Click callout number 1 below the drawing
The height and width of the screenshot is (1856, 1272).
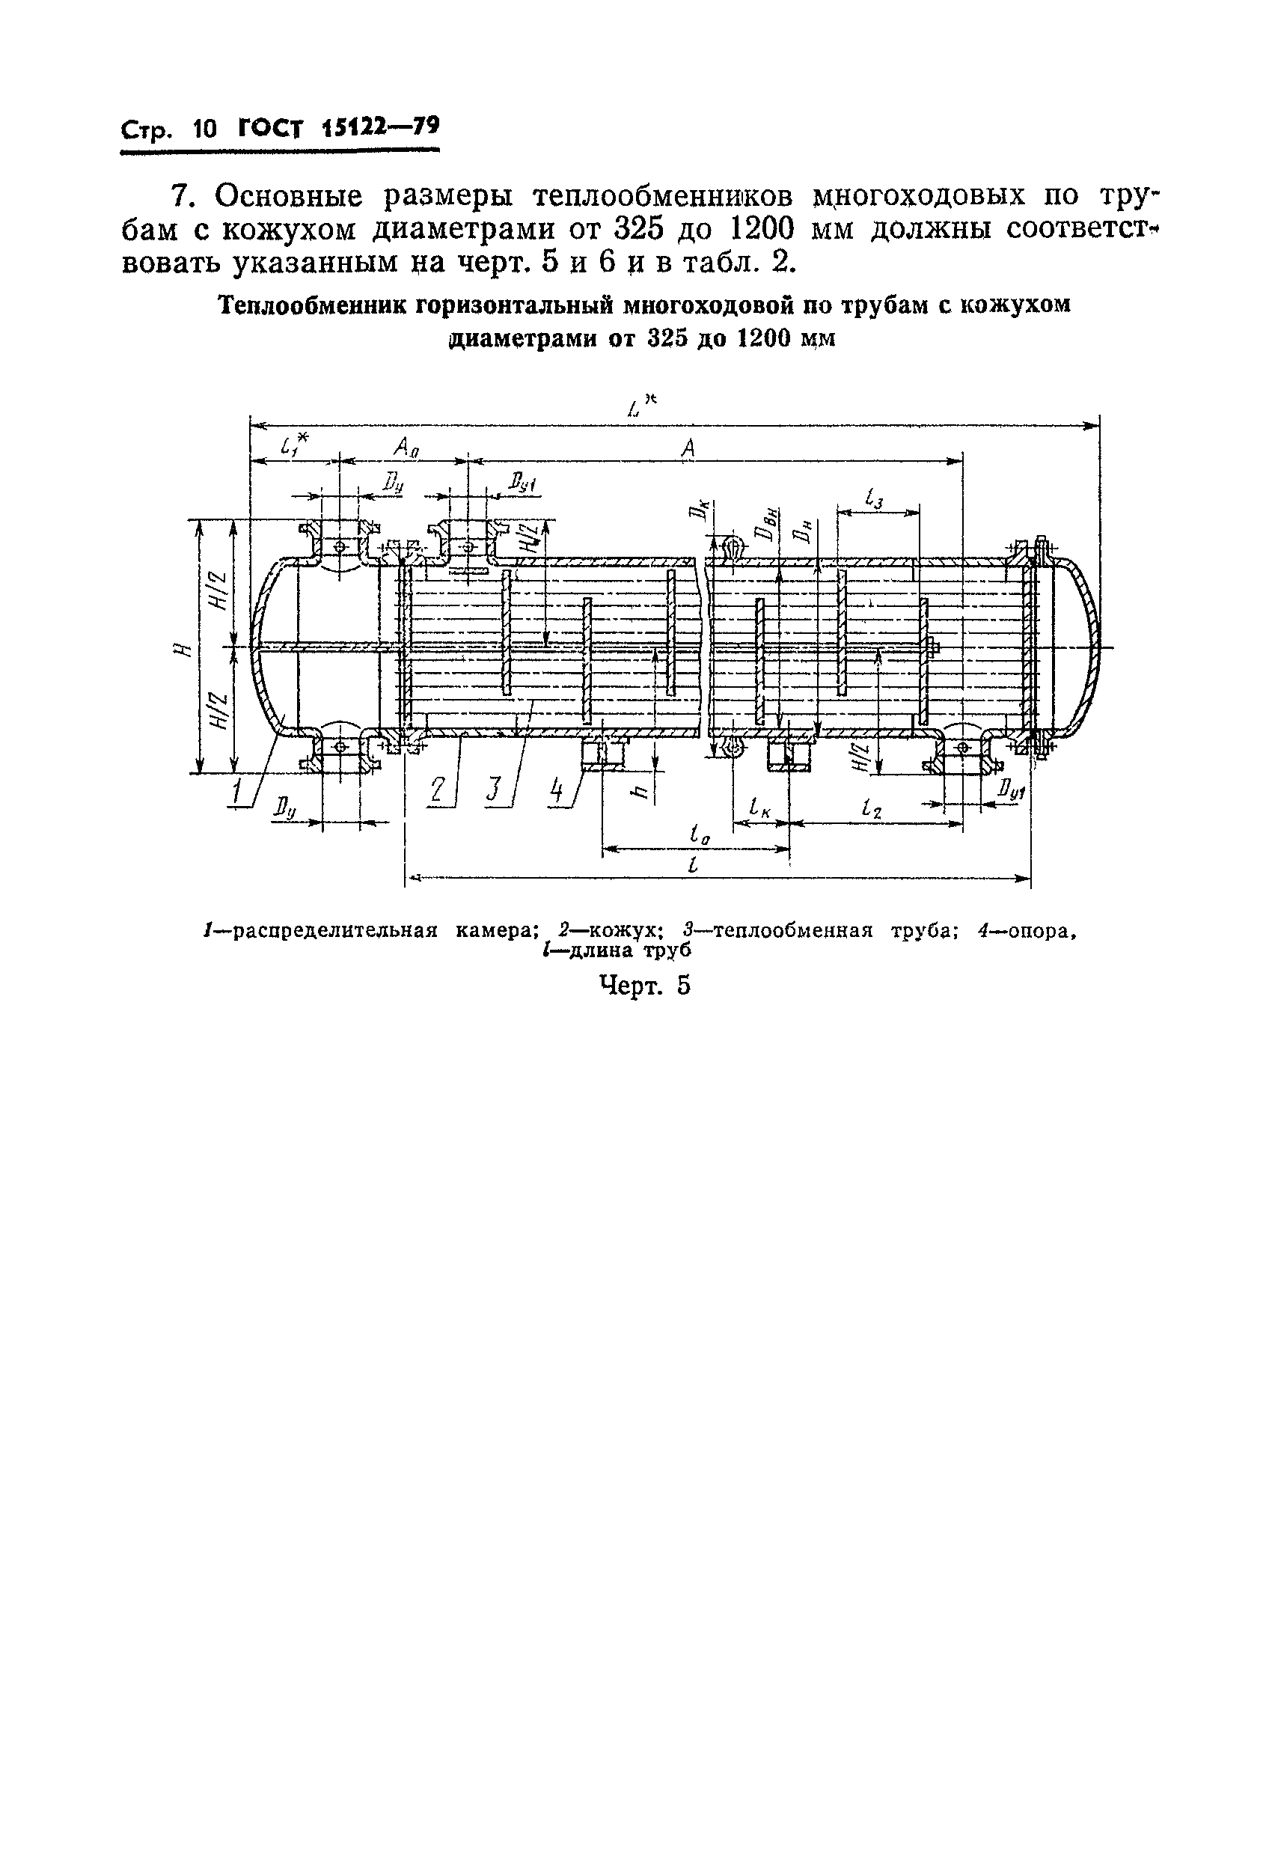click(x=238, y=793)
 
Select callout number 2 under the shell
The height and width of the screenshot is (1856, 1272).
click(x=438, y=789)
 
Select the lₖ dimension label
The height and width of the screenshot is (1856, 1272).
click(x=760, y=809)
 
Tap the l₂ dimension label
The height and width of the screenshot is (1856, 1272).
click(x=872, y=809)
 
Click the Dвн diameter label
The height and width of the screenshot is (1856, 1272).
click(x=771, y=526)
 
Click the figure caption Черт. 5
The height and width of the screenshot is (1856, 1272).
click(x=644, y=986)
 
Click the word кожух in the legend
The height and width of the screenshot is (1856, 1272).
click(x=626, y=931)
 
